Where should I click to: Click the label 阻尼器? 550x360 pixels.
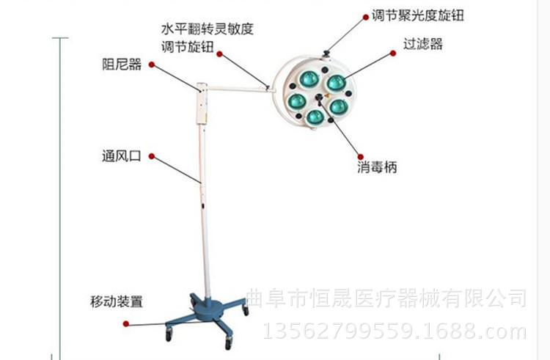coord(122,65)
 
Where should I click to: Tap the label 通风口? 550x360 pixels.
coord(121,156)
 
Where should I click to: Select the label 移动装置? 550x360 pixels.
coord(117,301)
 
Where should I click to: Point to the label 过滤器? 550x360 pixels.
coord(422,44)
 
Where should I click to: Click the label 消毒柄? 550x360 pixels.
coord(377,167)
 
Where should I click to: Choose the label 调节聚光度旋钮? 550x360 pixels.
coord(418,16)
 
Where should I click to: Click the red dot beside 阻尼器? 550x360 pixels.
coord(152,65)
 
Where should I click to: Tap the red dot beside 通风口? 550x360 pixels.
coord(152,156)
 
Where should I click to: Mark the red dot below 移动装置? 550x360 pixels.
coord(126,323)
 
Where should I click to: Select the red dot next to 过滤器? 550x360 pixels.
coord(393,54)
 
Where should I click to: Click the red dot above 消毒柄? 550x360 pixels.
coord(360,157)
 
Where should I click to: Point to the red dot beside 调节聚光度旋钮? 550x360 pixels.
coord(365,17)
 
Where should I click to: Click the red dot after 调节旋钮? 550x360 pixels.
coord(219,54)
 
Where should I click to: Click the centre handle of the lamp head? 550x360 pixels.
coord(319,98)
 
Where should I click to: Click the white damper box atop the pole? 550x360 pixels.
coord(202,104)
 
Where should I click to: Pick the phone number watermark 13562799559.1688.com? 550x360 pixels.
coord(395,331)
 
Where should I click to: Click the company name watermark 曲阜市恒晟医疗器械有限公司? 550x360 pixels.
coord(386,298)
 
